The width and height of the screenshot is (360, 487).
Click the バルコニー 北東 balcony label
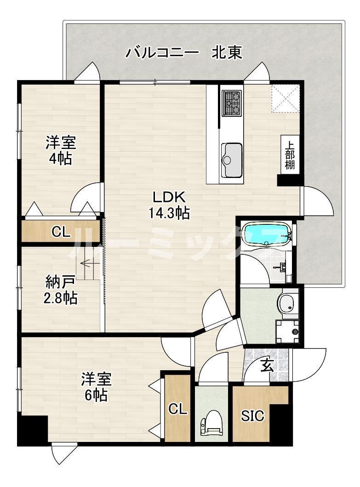(x=184, y=53)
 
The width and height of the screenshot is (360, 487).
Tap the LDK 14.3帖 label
(x=169, y=205)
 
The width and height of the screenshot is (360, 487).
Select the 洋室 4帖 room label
(x=60, y=150)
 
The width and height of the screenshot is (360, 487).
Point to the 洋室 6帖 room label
(x=97, y=387)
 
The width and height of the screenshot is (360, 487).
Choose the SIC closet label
(x=253, y=416)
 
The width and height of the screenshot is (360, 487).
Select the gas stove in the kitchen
(x=232, y=103)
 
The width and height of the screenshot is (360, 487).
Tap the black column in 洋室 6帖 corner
(x=33, y=430)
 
